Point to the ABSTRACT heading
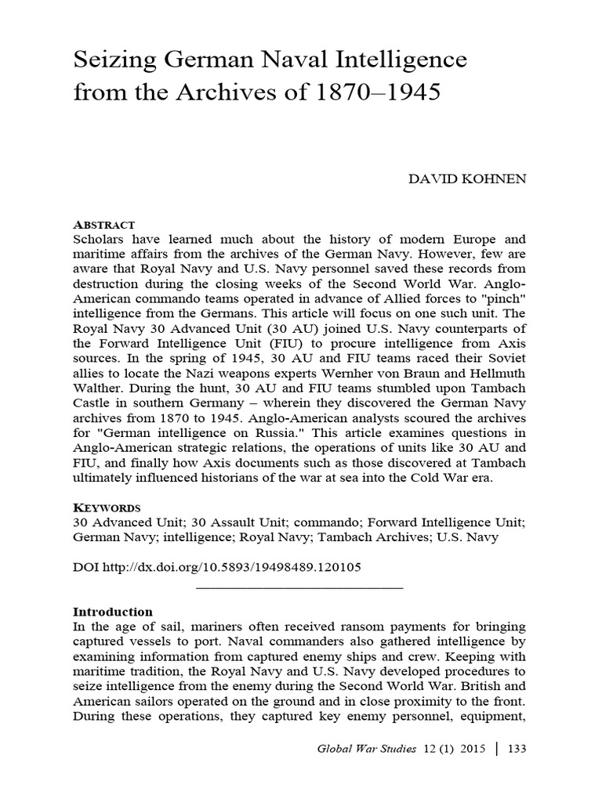tap(103, 224)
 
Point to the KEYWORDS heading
tap(107, 505)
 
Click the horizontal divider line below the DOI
tap(299, 587)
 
